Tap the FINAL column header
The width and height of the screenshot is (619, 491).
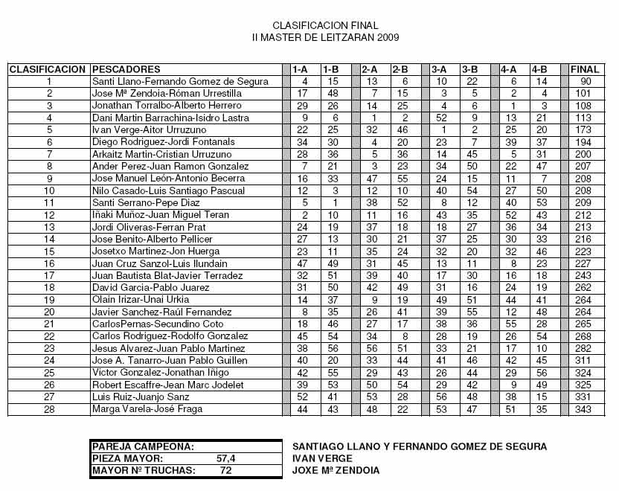584,69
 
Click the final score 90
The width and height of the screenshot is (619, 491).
586,81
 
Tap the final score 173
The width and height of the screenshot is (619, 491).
584,129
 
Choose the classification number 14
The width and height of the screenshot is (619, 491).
49,239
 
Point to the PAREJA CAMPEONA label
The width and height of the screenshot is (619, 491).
143,446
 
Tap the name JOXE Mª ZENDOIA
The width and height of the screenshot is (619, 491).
336,470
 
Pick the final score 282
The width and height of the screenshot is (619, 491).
584,347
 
